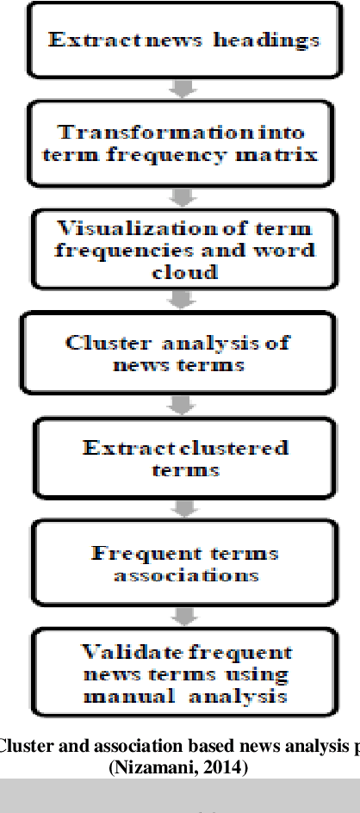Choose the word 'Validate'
(x=118, y=652)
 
